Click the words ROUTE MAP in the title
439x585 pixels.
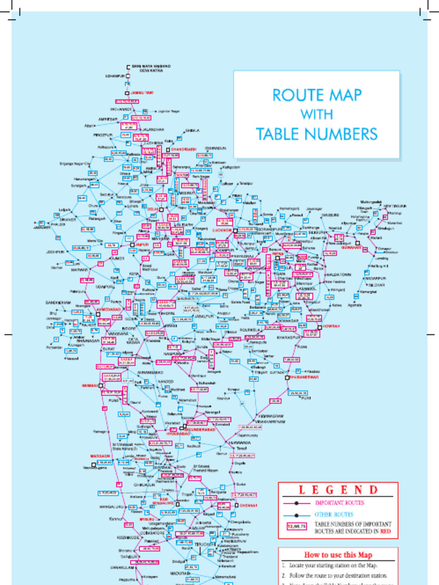point(316,95)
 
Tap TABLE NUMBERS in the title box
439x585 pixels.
point(316,135)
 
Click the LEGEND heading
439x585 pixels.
point(338,490)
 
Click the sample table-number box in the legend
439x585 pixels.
point(297,527)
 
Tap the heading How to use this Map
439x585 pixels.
point(338,555)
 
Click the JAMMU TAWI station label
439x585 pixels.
point(142,93)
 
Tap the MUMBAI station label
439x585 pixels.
point(90,386)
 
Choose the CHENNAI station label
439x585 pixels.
point(250,506)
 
